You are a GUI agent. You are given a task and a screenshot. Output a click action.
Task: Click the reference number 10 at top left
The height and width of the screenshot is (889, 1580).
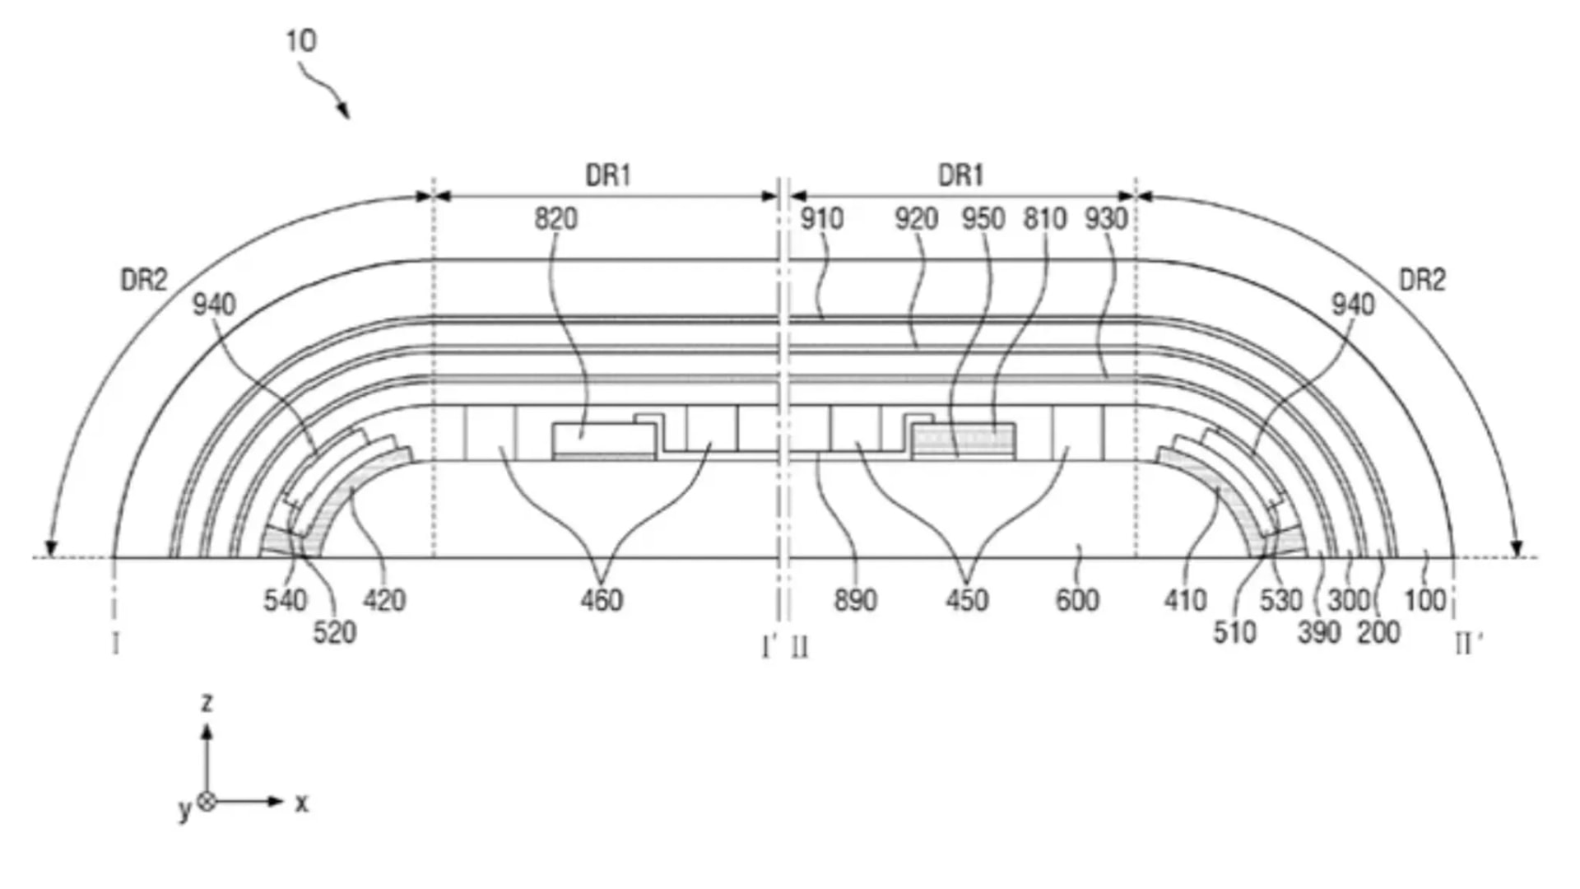coord(300,41)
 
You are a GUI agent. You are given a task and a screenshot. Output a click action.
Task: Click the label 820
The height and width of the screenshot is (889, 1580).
coord(556,219)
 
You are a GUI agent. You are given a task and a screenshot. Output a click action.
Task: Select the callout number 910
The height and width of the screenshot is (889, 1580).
coord(821,219)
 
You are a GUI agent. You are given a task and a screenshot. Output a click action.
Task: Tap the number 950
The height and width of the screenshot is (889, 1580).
coord(983,219)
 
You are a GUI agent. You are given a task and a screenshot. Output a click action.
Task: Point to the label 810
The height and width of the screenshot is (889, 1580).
coord(1044,219)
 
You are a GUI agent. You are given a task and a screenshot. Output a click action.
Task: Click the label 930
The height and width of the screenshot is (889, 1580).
coord(1105,219)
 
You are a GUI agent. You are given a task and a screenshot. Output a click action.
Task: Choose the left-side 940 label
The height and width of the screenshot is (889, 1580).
coord(214,305)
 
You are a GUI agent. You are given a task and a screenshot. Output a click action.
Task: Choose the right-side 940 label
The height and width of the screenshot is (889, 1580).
coord(1353,305)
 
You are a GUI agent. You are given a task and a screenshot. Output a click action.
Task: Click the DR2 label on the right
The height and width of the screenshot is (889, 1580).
coord(1422,281)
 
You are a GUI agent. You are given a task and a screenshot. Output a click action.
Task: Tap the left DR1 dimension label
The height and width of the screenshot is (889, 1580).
coord(608,175)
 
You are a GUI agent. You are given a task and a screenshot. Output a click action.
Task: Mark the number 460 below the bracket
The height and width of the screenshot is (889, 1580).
coord(602,600)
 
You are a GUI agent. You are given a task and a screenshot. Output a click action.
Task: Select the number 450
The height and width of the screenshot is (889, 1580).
coord(966,600)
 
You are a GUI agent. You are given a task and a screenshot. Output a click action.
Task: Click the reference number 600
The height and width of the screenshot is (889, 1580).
coord(1077,600)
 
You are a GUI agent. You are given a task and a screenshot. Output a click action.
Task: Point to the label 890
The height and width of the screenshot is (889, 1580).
coord(855,600)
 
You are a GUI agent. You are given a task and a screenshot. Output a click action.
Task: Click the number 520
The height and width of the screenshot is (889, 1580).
coord(334,633)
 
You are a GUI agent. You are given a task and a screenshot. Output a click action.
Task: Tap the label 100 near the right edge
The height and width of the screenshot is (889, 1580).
coord(1424,600)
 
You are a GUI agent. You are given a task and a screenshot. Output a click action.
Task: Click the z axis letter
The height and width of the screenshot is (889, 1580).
coord(207,702)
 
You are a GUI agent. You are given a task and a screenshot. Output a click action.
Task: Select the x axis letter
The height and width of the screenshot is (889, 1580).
coord(302,803)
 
